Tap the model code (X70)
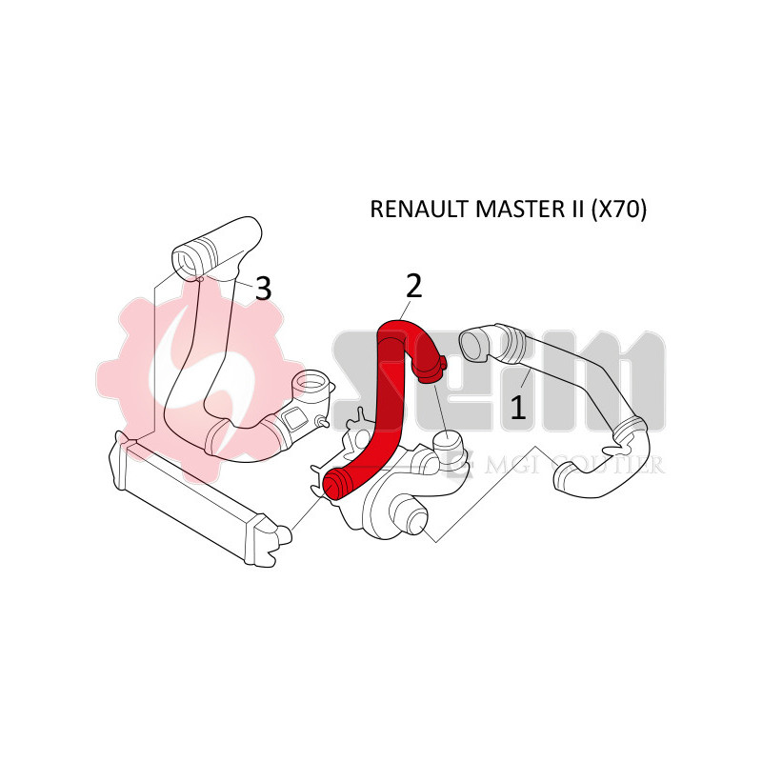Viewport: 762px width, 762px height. pyautogui.click(x=618, y=211)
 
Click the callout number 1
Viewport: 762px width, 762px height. pyautogui.click(x=517, y=408)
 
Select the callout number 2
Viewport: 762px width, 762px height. pyautogui.click(x=413, y=284)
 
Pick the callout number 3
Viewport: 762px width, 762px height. pyautogui.click(x=263, y=288)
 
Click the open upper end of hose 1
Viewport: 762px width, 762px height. pyautogui.click(x=471, y=344)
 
